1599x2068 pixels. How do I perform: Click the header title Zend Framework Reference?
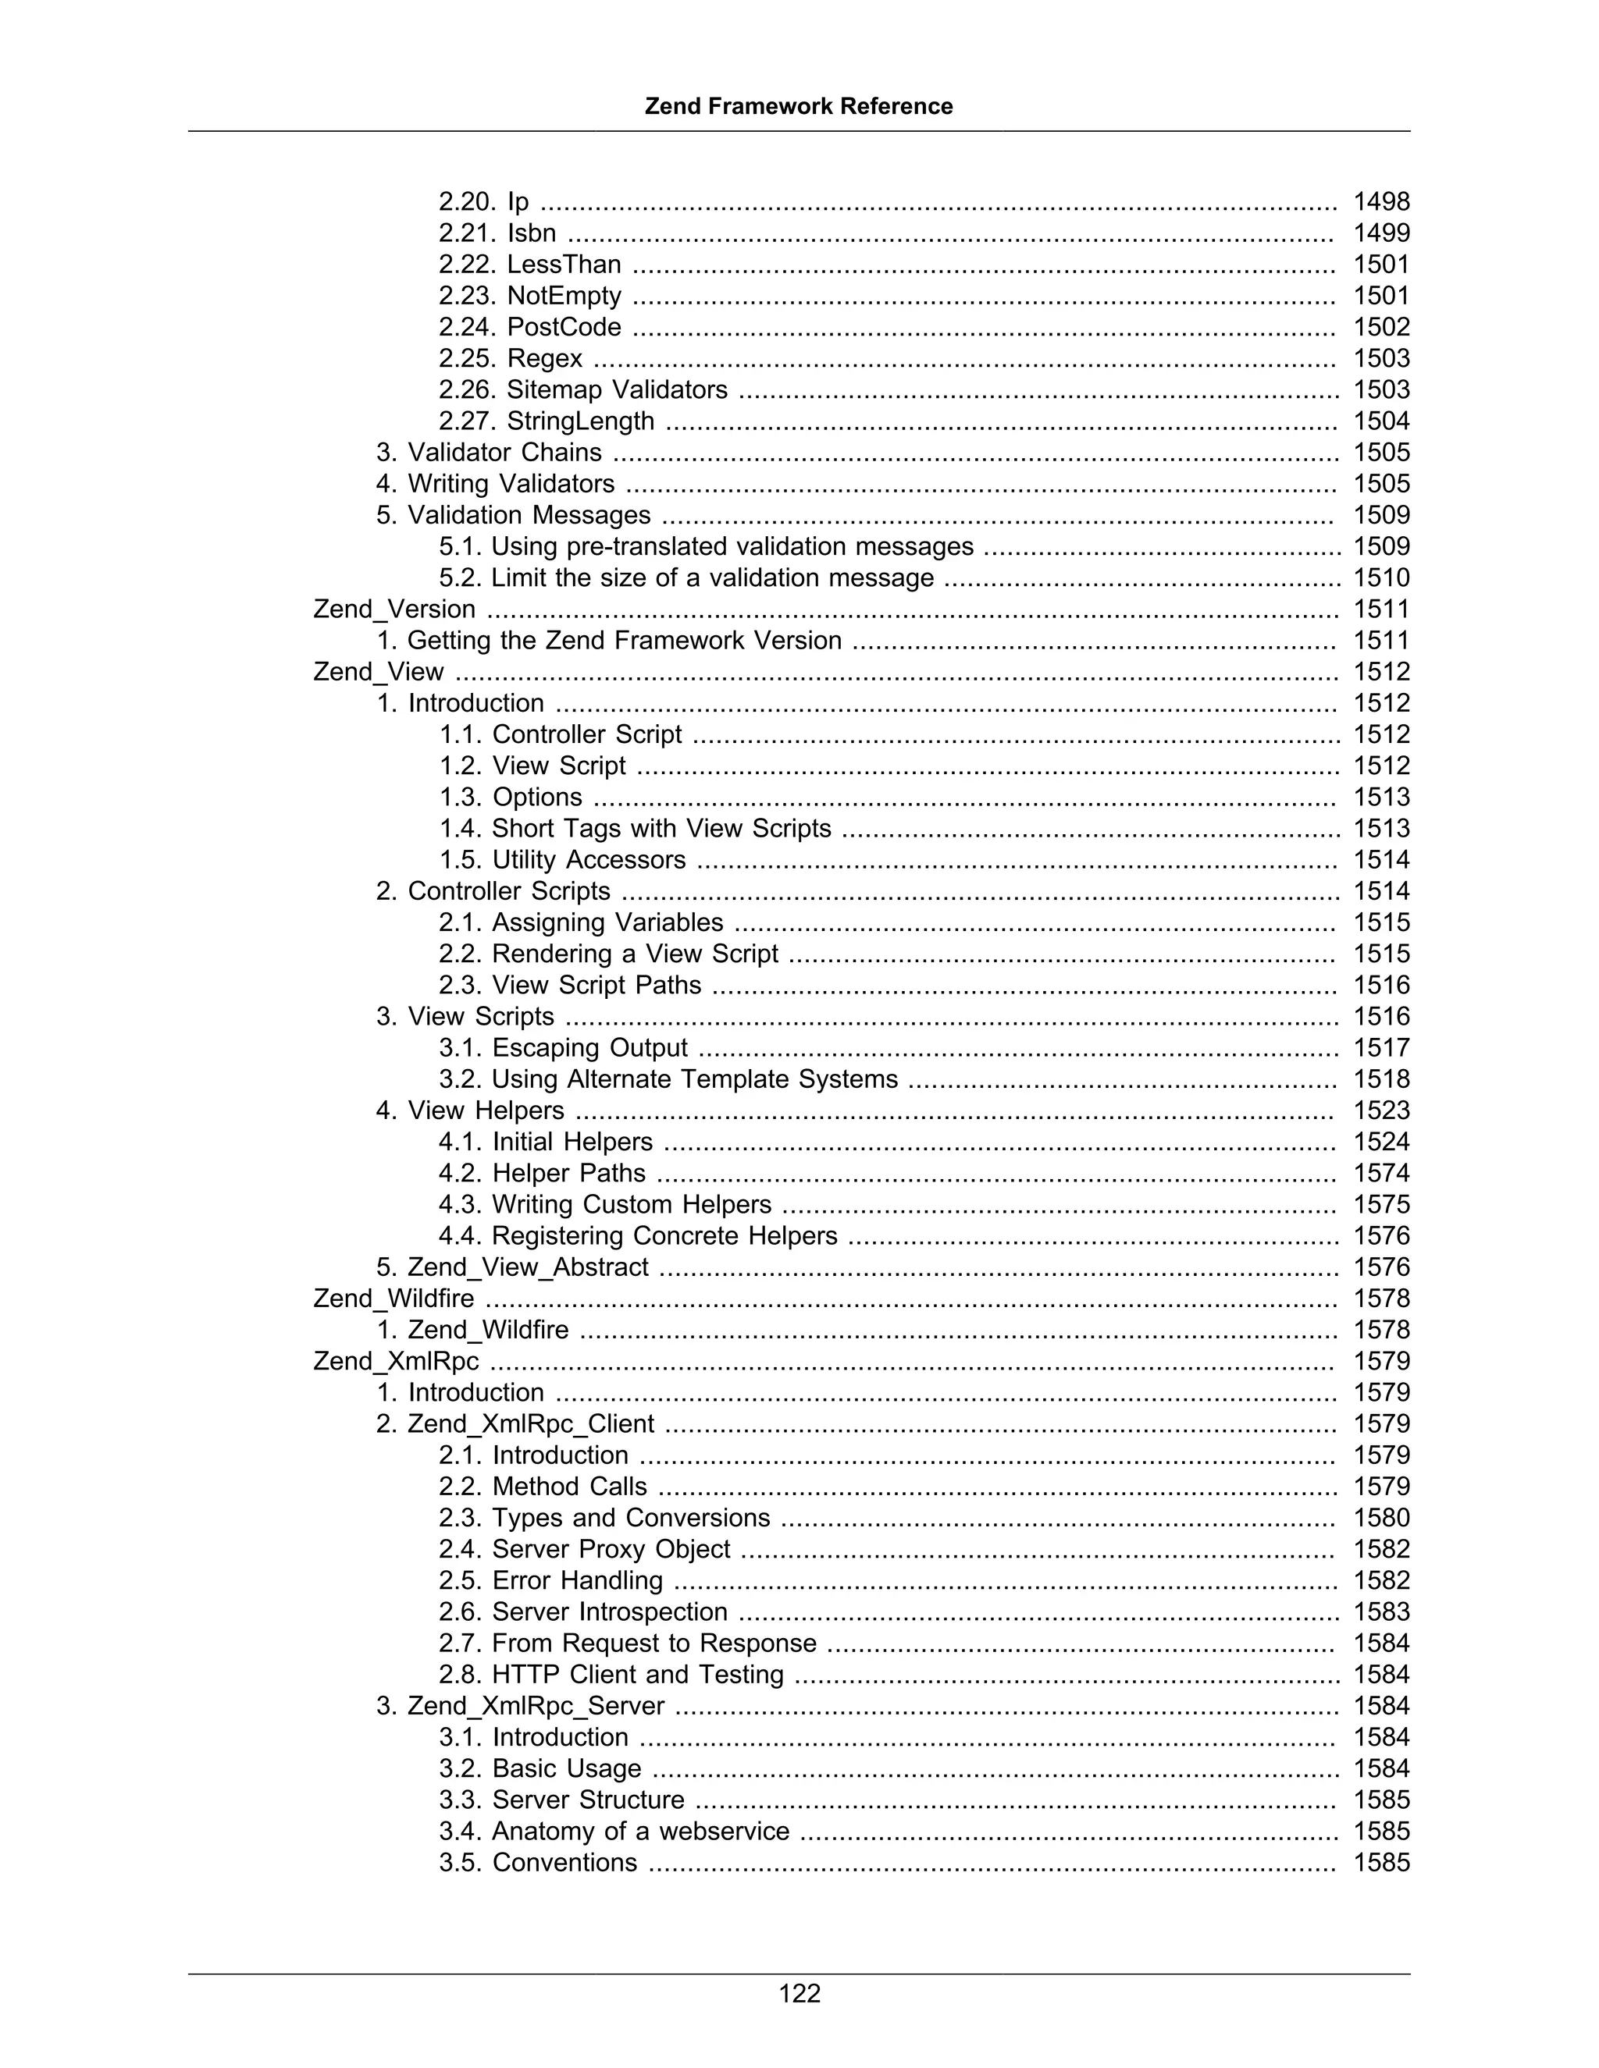coord(799,106)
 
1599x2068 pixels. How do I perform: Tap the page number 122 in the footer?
coord(799,1993)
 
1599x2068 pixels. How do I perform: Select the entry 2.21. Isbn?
coord(497,233)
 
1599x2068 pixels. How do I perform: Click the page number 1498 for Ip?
coord(1381,201)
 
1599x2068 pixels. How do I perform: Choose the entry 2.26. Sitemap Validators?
coord(582,389)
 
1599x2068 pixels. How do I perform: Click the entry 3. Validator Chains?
coord(489,453)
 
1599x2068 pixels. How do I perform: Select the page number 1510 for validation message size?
coord(1381,577)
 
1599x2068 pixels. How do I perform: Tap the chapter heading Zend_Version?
coord(394,609)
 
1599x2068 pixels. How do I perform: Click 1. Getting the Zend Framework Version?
coord(609,640)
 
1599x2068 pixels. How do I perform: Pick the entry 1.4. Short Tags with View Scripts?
coord(635,829)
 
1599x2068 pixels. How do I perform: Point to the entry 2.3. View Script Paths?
coord(569,985)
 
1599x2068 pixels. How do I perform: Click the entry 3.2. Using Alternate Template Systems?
coord(668,1078)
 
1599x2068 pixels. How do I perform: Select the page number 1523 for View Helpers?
coord(1381,1110)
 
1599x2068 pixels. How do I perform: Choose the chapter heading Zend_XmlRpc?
coord(396,1361)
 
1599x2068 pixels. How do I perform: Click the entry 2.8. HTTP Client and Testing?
coord(611,1674)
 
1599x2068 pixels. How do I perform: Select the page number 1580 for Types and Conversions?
coord(1381,1518)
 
